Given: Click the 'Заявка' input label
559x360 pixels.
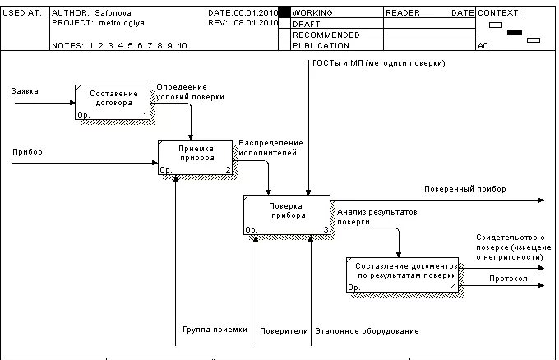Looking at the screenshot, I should pos(25,90).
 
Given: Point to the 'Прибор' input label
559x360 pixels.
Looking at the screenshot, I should pos(27,152).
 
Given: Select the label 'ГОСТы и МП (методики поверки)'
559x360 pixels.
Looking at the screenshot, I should pos(378,63).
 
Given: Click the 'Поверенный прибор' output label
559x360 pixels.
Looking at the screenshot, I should pos(464,189).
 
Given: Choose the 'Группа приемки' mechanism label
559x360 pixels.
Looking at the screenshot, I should pos(215,329).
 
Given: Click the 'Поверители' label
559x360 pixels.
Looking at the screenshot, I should pos(284,331).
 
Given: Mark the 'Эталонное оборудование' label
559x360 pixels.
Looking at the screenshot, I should pos(367,331).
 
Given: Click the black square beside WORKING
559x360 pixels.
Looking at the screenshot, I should pos(284,13).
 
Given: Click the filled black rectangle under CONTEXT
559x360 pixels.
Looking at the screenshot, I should pos(515,33).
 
